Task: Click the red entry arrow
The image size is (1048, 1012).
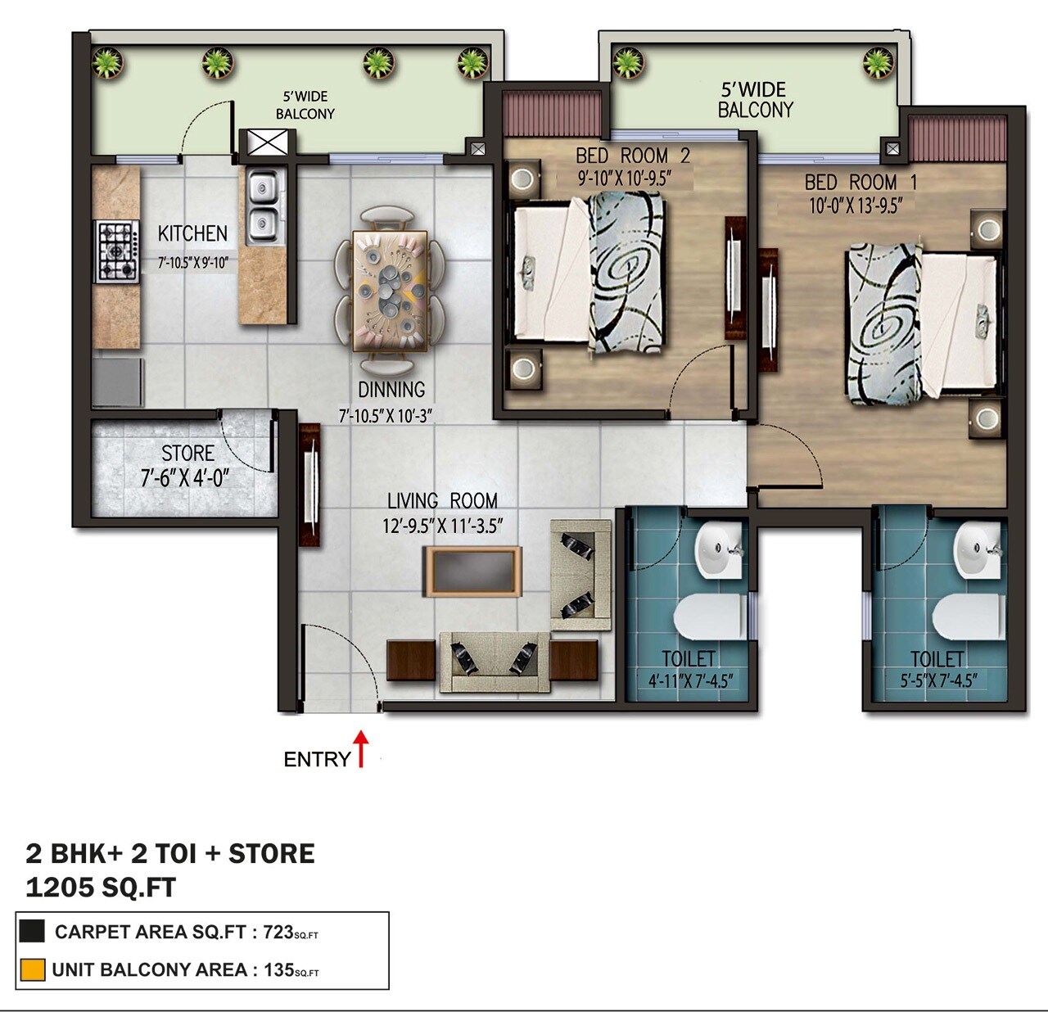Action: click(361, 748)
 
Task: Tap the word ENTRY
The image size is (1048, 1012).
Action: click(317, 760)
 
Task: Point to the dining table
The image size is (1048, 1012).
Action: click(390, 291)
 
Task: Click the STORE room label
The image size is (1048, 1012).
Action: click(187, 454)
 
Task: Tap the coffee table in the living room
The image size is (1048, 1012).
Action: click(472, 572)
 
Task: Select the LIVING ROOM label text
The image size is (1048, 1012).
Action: click(442, 501)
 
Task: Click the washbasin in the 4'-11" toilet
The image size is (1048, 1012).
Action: click(719, 549)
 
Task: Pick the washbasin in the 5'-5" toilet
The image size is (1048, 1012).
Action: click(979, 549)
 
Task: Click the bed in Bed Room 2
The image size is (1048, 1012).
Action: click(589, 274)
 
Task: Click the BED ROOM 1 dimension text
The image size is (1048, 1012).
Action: click(856, 206)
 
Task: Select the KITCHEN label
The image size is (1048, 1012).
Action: click(192, 234)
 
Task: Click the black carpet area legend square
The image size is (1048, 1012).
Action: click(32, 931)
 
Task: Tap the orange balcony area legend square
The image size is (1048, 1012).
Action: click(32, 970)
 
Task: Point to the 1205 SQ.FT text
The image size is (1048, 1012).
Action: click(101, 888)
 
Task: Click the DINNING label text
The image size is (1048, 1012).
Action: click(391, 390)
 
